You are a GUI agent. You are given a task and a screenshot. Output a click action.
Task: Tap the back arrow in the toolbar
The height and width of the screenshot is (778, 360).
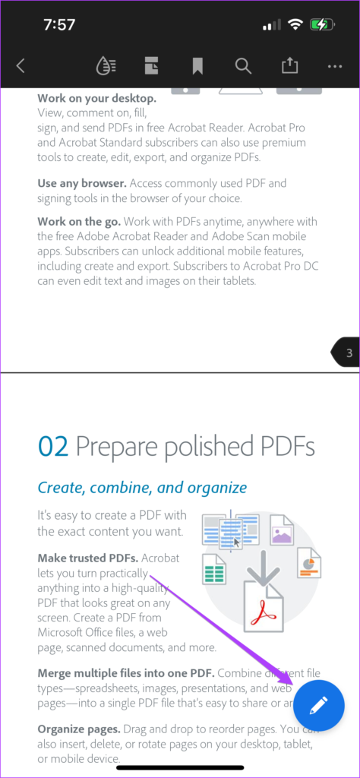21,66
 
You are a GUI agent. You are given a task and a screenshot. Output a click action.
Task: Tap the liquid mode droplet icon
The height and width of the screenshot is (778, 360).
106,66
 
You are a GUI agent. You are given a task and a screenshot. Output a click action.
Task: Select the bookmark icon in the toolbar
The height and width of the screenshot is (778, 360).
197,66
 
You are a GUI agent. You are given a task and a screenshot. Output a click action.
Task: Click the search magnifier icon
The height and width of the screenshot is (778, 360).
243,66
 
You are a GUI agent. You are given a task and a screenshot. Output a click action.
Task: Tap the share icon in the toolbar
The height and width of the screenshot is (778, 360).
289,66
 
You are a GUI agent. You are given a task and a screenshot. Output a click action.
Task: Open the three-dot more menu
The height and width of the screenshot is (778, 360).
335,66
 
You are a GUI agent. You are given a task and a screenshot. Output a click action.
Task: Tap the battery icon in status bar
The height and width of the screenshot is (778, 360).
322,24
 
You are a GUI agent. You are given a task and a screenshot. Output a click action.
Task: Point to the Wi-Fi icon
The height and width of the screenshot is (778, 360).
295,24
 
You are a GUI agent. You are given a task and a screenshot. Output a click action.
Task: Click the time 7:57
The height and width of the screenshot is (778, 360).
59,24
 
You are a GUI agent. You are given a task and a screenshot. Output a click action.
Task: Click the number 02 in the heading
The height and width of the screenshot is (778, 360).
53,447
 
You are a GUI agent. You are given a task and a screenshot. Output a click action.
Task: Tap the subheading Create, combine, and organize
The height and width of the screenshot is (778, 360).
142,487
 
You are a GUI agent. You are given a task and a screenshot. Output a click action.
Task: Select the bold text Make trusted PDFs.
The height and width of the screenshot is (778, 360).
87,558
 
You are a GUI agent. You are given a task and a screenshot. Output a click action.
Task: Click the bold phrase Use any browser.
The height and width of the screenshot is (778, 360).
82,183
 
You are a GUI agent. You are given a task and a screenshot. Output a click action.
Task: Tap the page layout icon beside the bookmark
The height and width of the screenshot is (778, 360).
152,66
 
